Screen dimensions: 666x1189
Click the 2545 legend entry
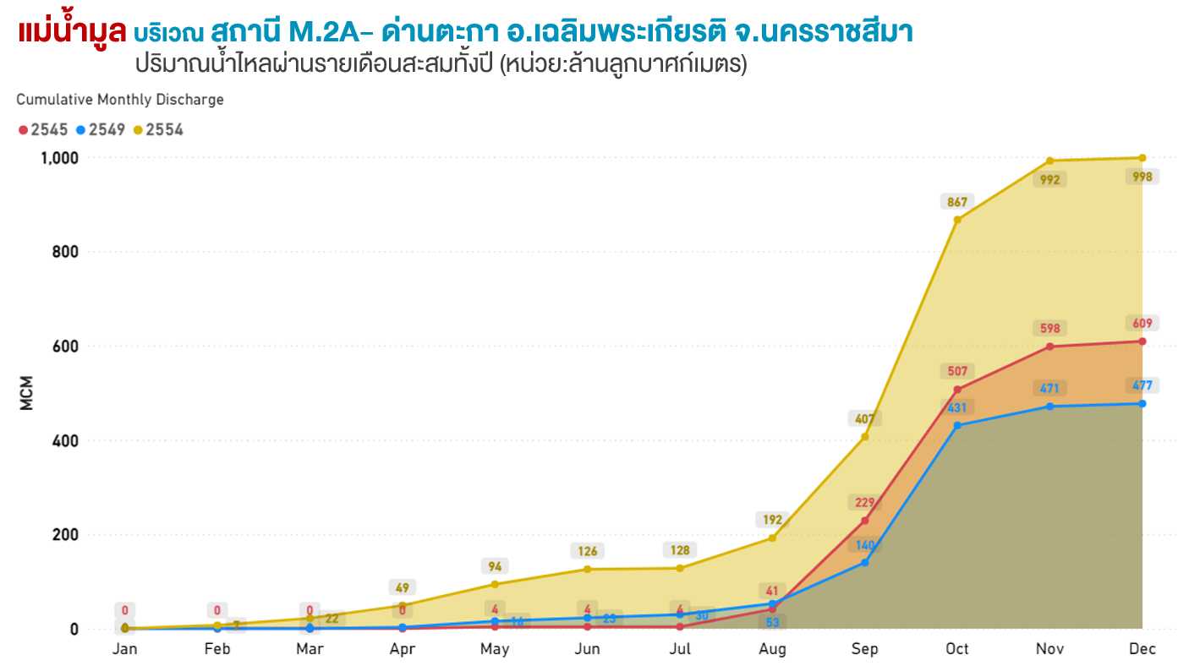click(x=43, y=130)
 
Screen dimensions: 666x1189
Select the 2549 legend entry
click(x=101, y=130)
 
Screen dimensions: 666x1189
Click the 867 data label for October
click(x=957, y=202)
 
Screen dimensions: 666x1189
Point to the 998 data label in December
click(x=1142, y=177)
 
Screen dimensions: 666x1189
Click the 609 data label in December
click(x=1142, y=323)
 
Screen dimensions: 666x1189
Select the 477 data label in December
click(x=1142, y=385)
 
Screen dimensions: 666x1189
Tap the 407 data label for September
click(x=864, y=418)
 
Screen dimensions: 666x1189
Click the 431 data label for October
click(x=957, y=407)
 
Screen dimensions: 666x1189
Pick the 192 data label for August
click(x=772, y=520)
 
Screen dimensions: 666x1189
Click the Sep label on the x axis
click(x=864, y=649)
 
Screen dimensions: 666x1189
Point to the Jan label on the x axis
click(x=125, y=649)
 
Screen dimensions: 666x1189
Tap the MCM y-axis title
click(x=26, y=393)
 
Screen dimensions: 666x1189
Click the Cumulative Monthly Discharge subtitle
click(x=120, y=100)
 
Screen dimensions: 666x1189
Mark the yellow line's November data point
click(x=1049, y=161)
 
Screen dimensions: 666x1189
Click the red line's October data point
click(x=957, y=390)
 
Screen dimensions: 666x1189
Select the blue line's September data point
click(x=864, y=562)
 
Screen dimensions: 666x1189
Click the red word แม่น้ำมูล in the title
click(x=72, y=32)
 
